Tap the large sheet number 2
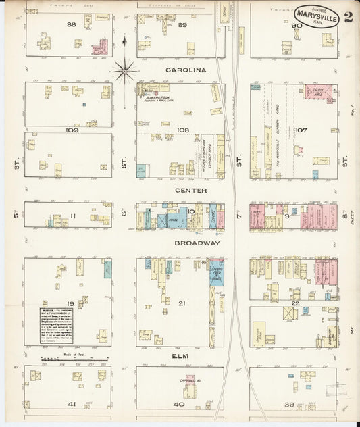[x=347, y=17]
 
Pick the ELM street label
[x=180, y=355]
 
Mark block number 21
[x=181, y=303]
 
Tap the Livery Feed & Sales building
[x=217, y=279]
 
